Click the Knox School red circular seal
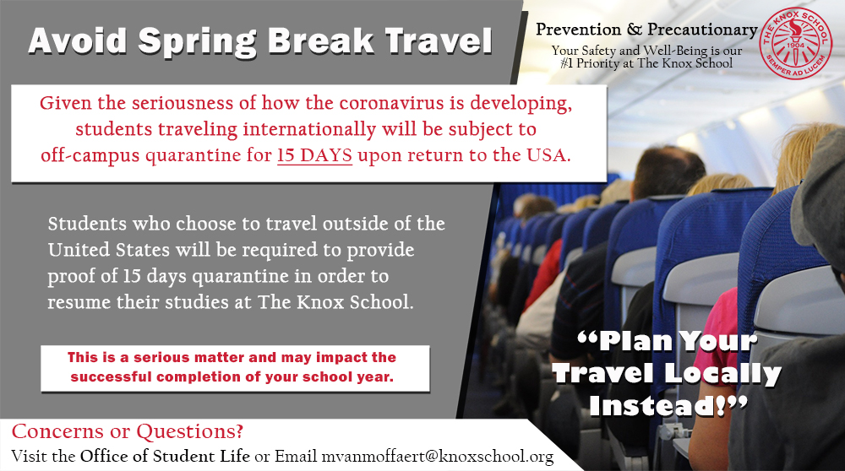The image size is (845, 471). [795, 44]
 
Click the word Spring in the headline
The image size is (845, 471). [197, 41]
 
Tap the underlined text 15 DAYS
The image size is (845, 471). [314, 155]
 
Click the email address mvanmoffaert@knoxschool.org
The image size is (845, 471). [438, 457]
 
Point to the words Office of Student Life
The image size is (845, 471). [165, 456]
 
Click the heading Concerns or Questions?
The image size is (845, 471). [128, 431]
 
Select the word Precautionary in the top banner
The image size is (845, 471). [702, 30]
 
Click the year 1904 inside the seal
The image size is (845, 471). [795, 46]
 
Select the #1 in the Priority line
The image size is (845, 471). [567, 63]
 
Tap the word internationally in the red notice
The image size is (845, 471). [308, 129]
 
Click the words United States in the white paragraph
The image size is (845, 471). [108, 250]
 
